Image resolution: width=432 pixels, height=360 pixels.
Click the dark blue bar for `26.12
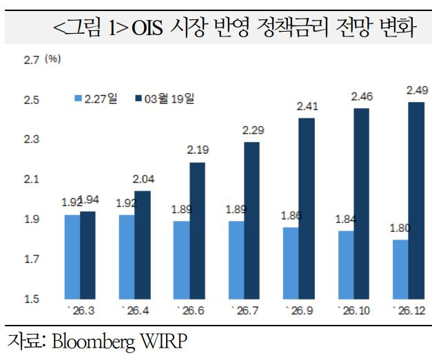(x=415, y=200)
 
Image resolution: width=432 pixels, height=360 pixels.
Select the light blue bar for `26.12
(x=400, y=269)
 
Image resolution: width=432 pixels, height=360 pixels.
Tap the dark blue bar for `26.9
(x=307, y=209)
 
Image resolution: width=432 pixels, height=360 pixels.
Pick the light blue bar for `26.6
(x=181, y=260)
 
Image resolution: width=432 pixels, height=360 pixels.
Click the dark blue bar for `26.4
(x=142, y=245)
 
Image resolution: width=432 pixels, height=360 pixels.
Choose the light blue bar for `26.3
(x=72, y=257)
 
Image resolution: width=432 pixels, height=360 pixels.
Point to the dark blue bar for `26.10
(x=361, y=204)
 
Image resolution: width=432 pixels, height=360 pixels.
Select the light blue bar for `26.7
(x=236, y=260)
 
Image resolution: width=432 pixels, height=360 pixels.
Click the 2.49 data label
(x=417, y=89)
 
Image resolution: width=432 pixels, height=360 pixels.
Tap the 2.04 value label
(x=143, y=179)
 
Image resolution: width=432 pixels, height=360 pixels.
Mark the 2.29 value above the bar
(x=251, y=130)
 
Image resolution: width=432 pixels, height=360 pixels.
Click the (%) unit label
(x=52, y=60)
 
